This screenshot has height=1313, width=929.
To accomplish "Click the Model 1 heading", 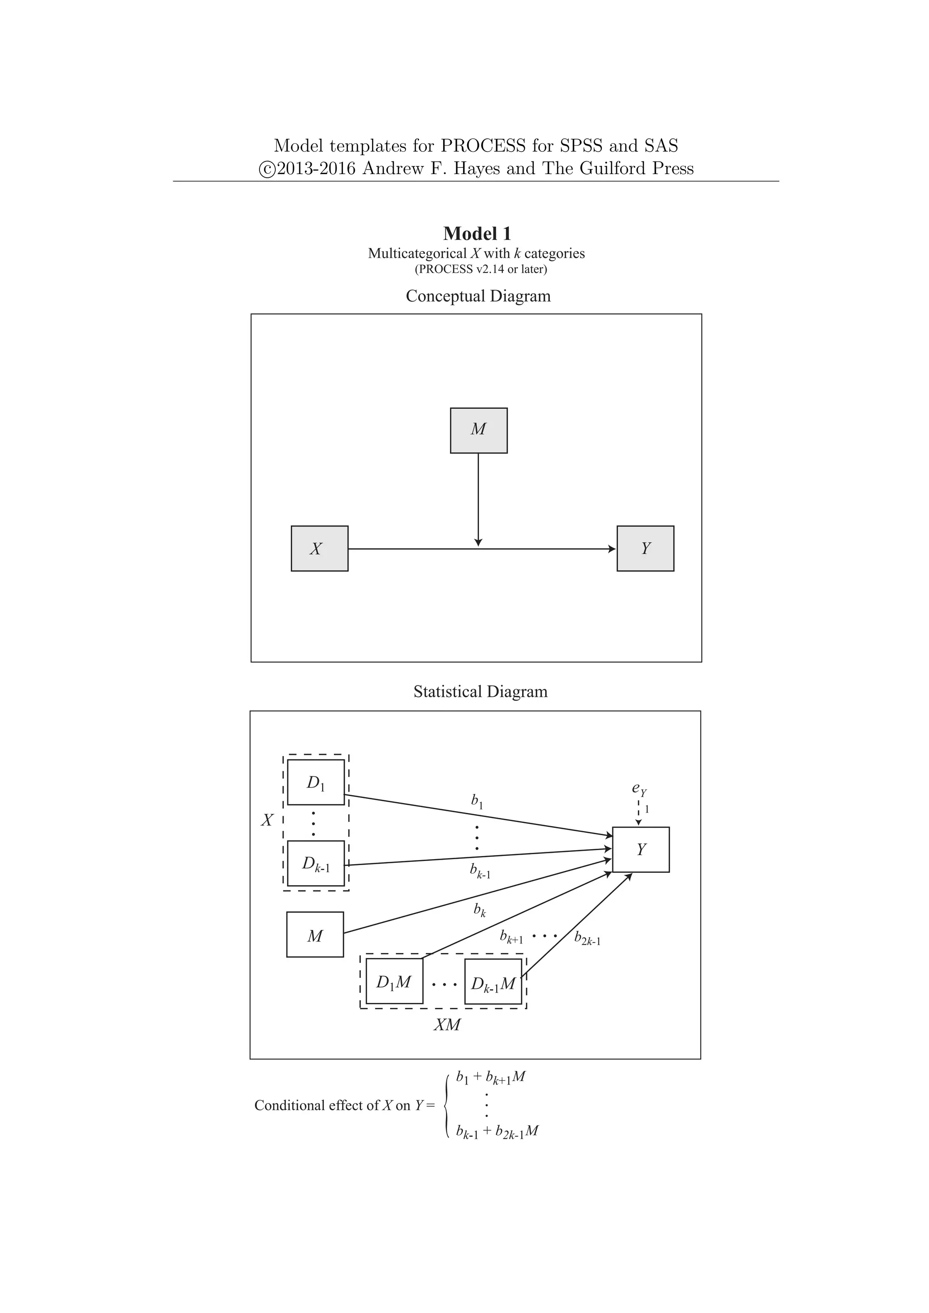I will pyautogui.click(x=477, y=233).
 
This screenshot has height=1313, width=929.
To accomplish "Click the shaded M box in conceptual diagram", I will pyautogui.click(x=478, y=431).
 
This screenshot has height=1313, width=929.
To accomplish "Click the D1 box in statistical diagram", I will pyautogui.click(x=316, y=782).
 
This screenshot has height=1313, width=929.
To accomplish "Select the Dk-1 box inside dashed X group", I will pyautogui.click(x=316, y=864).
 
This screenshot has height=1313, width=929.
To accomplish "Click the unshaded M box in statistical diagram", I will pyautogui.click(x=315, y=934).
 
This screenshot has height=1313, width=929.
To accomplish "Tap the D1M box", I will pyautogui.click(x=394, y=981).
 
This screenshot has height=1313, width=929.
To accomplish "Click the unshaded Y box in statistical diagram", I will pyautogui.click(x=641, y=850).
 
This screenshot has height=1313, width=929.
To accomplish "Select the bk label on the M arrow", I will pyautogui.click(x=479, y=910).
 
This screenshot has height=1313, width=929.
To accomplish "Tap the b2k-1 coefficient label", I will pyautogui.click(x=587, y=939).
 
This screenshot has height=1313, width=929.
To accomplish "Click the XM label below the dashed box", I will pyautogui.click(x=447, y=1025).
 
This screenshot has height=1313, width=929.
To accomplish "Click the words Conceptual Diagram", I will pyautogui.click(x=478, y=296).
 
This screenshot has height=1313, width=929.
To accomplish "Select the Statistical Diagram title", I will pyautogui.click(x=480, y=692).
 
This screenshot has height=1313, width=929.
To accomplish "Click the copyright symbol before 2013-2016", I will pyautogui.click(x=267, y=169).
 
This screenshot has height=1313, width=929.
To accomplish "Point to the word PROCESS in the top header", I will pyautogui.click(x=482, y=146).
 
